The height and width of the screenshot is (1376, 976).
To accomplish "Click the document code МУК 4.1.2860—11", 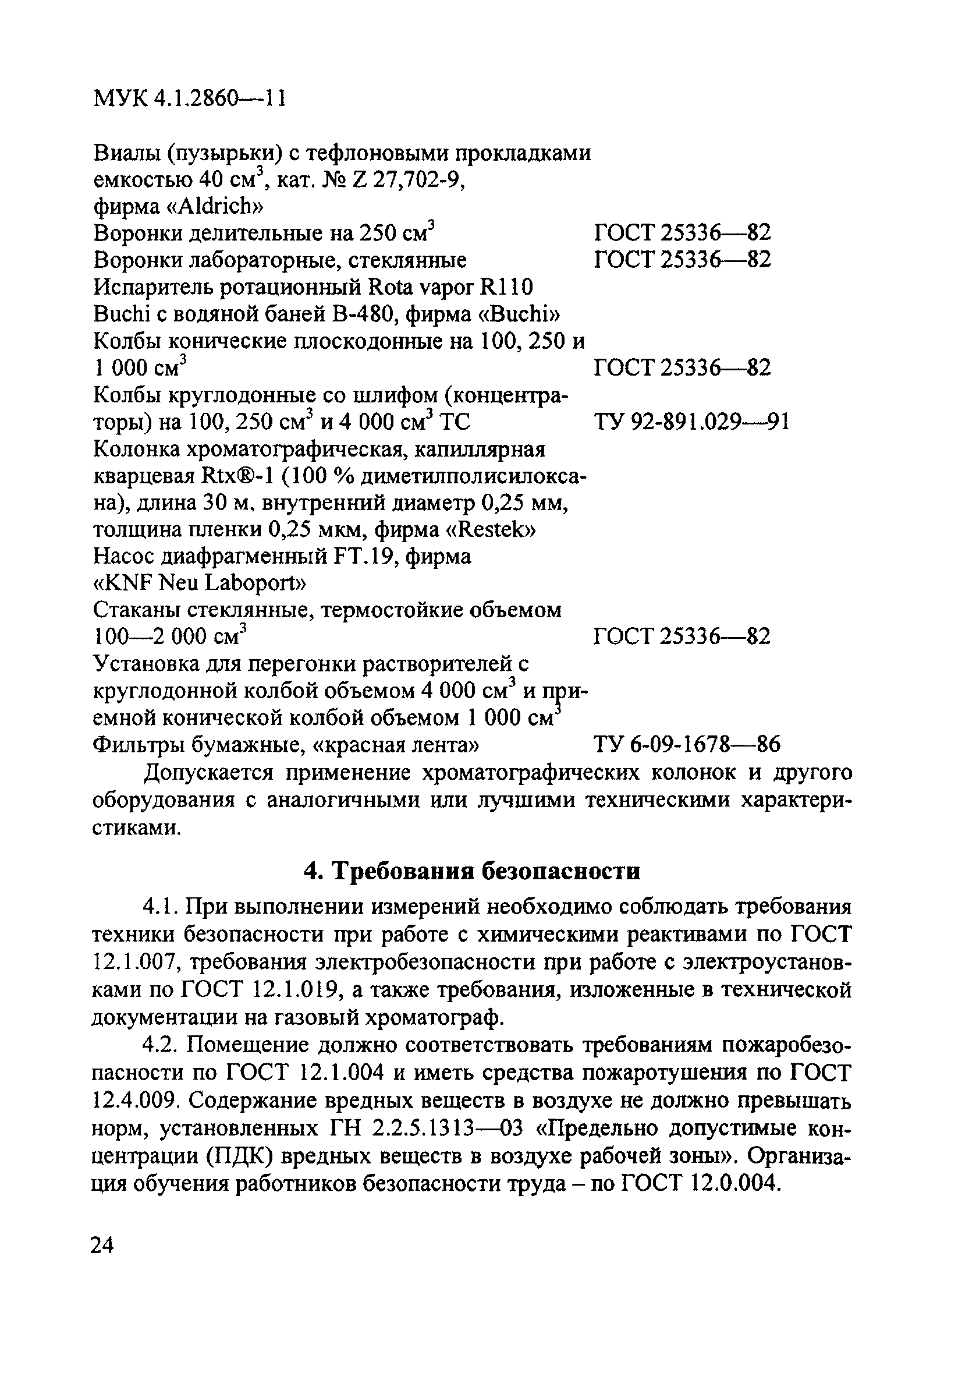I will [189, 98].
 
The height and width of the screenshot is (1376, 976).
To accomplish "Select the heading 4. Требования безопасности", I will [472, 871].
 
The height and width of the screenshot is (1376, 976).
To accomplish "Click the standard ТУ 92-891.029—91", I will [691, 422].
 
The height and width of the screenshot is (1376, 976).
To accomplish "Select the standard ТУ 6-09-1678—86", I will [687, 745].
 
